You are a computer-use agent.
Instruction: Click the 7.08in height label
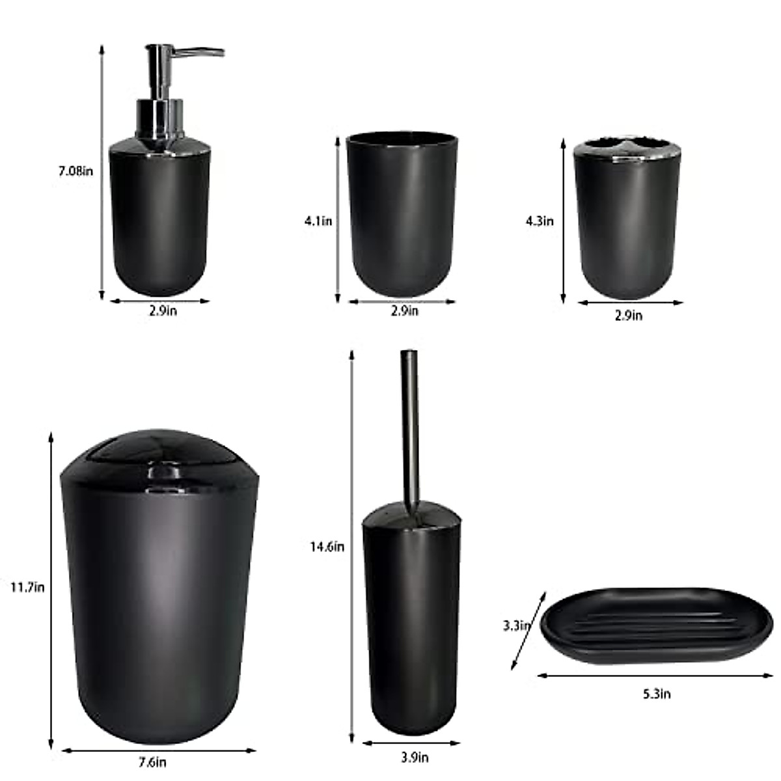75,172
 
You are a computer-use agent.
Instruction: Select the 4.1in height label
318,221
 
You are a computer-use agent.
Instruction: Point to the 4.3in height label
540,221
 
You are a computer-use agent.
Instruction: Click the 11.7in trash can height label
27,587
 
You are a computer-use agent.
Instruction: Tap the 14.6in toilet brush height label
327,547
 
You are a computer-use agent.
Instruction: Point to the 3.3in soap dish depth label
518,626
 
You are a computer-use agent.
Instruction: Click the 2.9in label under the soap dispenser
162,311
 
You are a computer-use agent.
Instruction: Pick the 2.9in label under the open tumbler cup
404,311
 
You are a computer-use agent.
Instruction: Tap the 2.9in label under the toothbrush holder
628,316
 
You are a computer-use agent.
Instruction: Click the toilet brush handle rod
410,423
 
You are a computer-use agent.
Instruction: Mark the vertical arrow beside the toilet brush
352,547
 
